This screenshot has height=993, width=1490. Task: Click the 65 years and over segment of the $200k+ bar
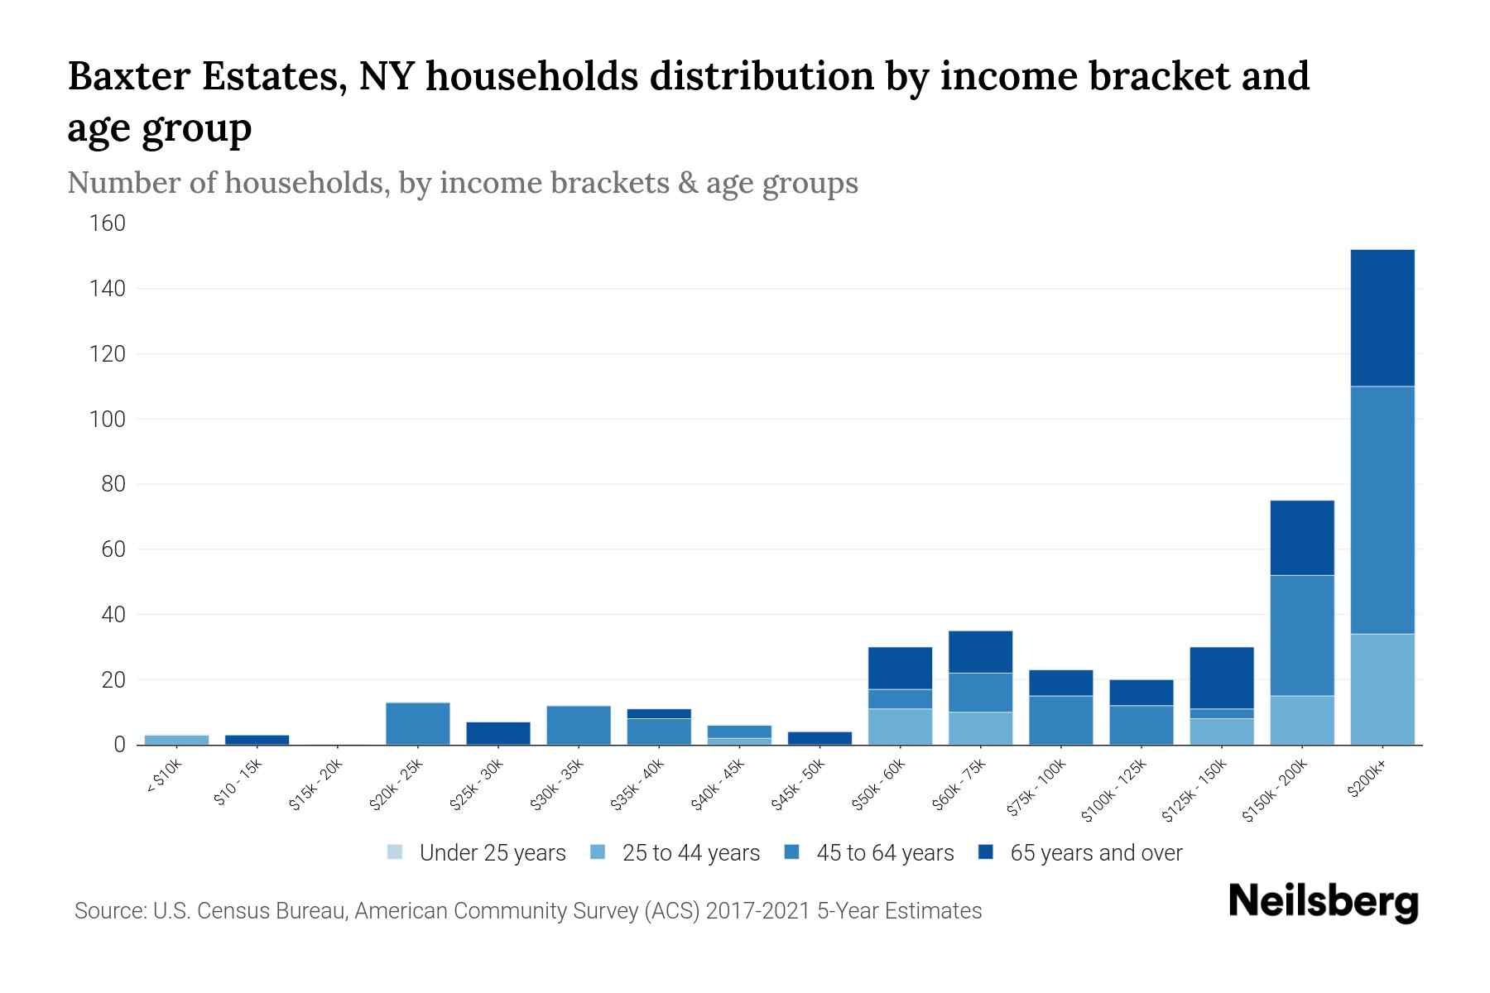[x=1382, y=318]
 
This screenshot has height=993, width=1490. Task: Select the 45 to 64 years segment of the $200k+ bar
[x=1382, y=510]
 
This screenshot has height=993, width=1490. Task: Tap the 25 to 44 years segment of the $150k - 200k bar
[x=1301, y=720]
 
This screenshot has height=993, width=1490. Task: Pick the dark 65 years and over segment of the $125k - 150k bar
[x=1221, y=678]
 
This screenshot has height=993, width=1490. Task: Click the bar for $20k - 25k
[x=417, y=723]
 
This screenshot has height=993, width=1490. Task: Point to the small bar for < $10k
[x=176, y=739]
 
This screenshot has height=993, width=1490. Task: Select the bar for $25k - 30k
[x=497, y=733]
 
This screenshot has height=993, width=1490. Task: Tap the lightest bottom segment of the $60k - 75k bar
[x=980, y=728]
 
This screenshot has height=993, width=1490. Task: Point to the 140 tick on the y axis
[x=108, y=289]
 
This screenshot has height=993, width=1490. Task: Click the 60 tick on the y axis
[x=113, y=549]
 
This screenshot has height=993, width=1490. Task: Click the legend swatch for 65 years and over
[x=986, y=852]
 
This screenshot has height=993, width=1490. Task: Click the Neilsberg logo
[x=1323, y=903]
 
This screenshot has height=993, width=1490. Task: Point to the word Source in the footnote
[x=109, y=911]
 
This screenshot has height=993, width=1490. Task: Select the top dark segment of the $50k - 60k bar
[x=900, y=668]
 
